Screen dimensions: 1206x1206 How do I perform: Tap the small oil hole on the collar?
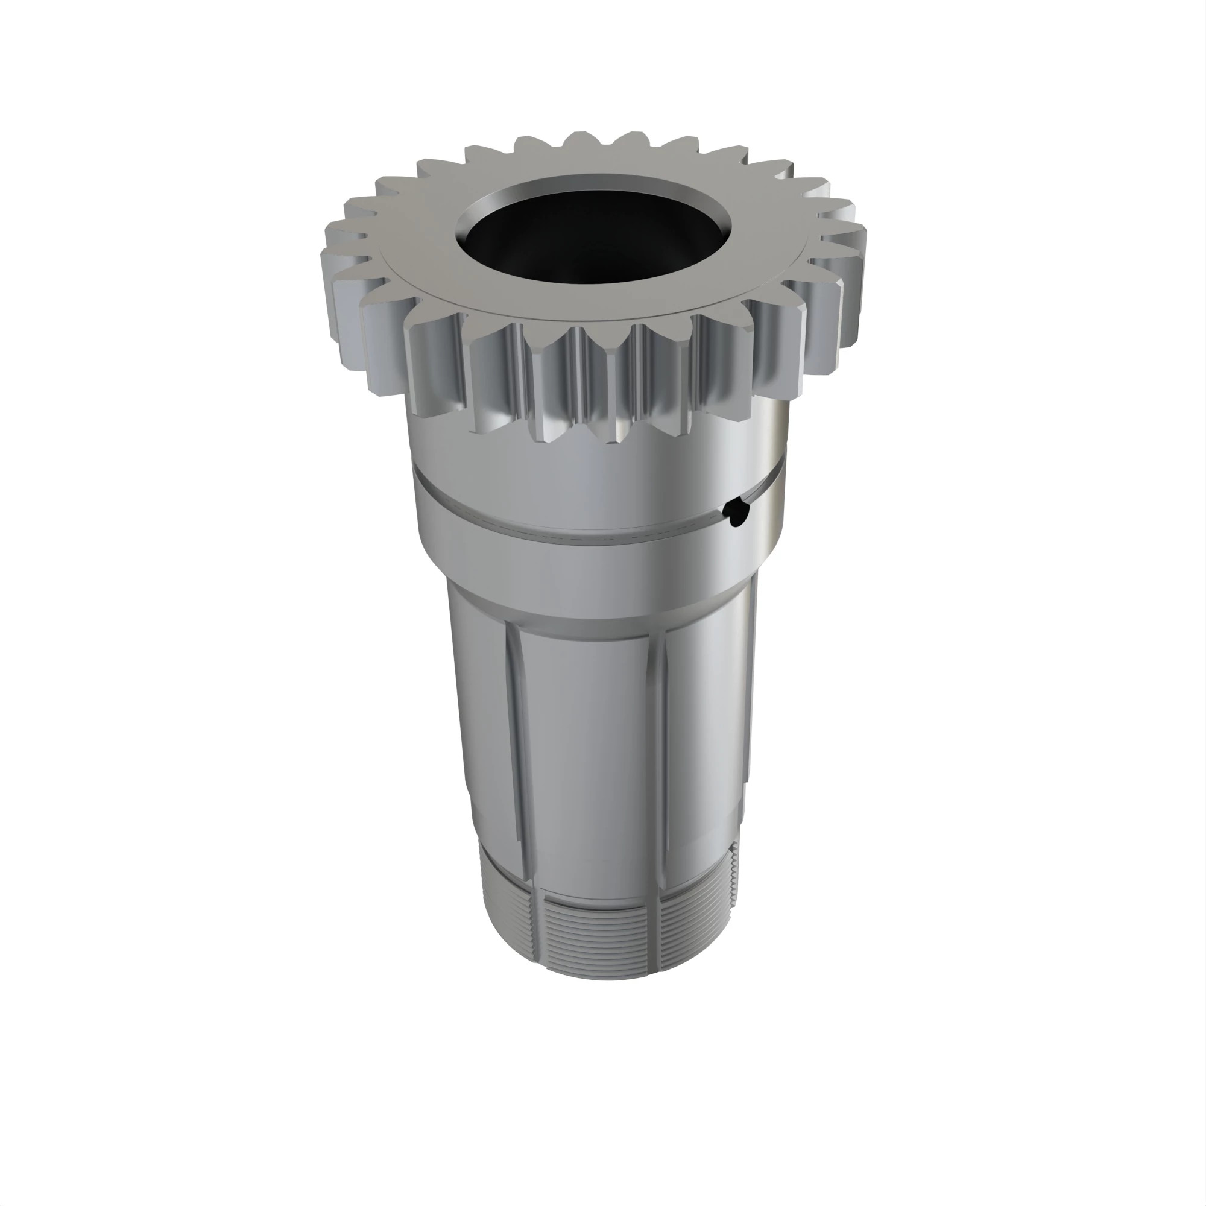[x=733, y=513]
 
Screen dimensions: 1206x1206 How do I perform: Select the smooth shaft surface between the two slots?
[x=593, y=749]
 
